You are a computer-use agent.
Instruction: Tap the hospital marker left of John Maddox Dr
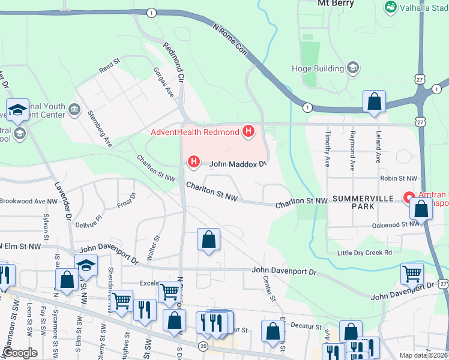tap(193, 161)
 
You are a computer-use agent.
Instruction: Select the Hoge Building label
tap(317, 68)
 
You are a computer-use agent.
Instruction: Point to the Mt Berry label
tap(336, 4)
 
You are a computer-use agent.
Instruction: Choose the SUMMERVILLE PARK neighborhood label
tap(363, 202)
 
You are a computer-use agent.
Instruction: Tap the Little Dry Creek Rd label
tap(364, 253)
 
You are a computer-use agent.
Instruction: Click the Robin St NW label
tap(398, 178)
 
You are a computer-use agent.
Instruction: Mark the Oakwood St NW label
tap(396, 224)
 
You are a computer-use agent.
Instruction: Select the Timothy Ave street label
tap(328, 149)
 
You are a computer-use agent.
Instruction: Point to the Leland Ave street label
tap(378, 148)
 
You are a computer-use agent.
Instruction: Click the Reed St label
tap(110, 66)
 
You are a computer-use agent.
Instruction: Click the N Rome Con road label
tap(230, 40)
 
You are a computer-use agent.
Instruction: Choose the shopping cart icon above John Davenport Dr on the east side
tap(412, 274)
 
